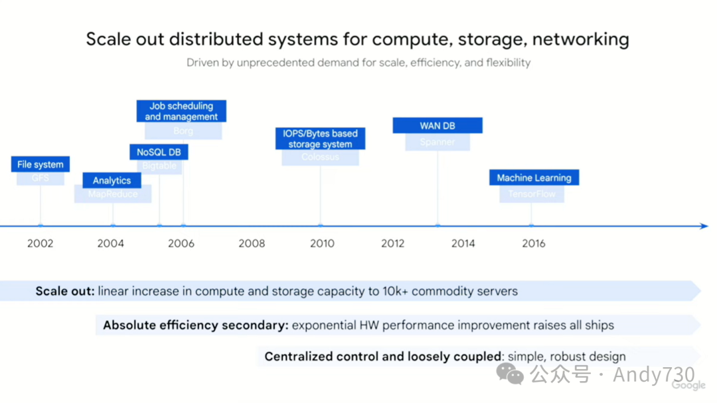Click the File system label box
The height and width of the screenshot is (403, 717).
point(40,164)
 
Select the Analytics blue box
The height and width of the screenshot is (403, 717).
point(112,180)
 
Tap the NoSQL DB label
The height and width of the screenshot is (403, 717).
point(159,152)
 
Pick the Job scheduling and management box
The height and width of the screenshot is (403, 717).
point(181,111)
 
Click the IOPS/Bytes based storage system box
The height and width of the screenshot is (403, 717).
point(320,139)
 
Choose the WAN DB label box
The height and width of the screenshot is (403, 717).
point(438,126)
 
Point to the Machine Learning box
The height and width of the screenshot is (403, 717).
point(534,178)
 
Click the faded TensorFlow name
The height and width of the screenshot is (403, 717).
point(532,194)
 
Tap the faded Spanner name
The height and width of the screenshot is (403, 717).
point(438,142)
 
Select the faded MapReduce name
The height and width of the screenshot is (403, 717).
point(113,194)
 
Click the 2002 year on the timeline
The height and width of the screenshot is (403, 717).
point(40,243)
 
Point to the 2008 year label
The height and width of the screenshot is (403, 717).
point(252,243)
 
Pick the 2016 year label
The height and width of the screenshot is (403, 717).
point(534,243)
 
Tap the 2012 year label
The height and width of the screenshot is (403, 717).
point(393,243)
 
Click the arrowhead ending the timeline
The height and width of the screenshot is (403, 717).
point(705,226)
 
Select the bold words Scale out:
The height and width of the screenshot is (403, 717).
point(65,291)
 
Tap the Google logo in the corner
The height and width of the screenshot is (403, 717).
point(688,386)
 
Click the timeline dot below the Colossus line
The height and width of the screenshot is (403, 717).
point(320,225)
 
